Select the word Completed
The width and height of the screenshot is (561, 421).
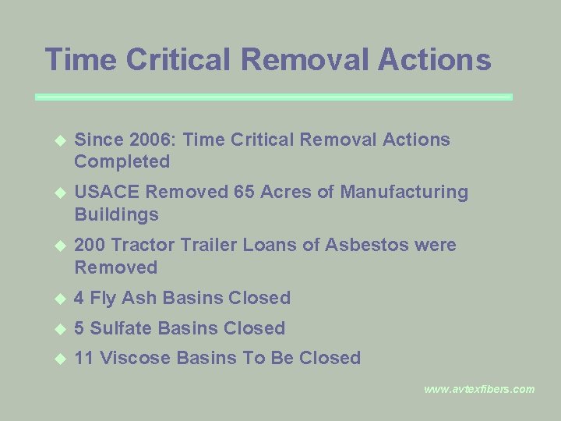pyautogui.click(x=122, y=161)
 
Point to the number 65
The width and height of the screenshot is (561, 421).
pyautogui.click(x=245, y=192)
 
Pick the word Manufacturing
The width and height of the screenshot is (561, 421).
pyautogui.click(x=404, y=192)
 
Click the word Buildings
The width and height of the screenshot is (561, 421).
pyautogui.click(x=116, y=214)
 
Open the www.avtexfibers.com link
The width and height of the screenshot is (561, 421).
pyautogui.click(x=479, y=389)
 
